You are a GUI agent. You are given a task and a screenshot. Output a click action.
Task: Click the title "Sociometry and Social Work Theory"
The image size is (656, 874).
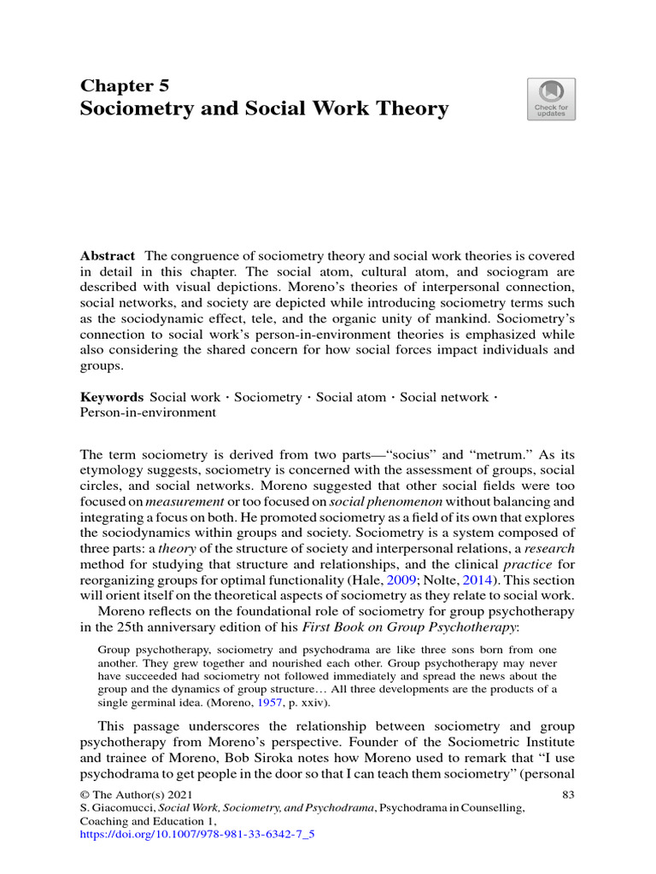[264, 109]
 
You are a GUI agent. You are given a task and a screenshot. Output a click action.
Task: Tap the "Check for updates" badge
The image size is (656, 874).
[551, 99]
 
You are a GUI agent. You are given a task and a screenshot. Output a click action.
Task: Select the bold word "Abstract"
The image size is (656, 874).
[108, 256]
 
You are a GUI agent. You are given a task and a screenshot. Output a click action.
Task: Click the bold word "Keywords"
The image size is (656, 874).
[112, 397]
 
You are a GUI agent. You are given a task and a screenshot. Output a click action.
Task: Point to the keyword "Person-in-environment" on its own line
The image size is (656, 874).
[148, 412]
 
